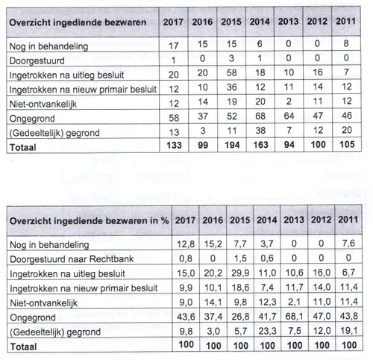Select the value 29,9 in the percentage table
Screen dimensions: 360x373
coord(233,273)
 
